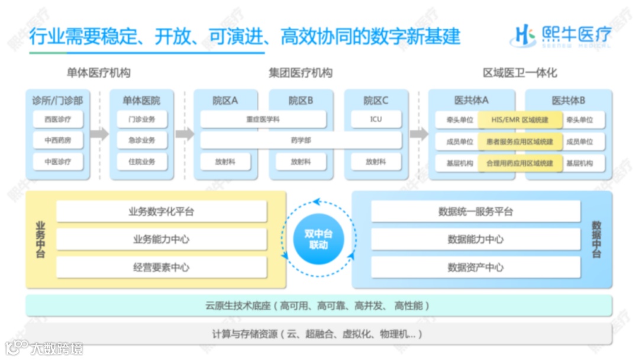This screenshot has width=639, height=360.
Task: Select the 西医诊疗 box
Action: point(57,119)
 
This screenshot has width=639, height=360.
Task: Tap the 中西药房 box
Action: point(57,140)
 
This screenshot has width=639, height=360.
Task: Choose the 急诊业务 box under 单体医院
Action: point(142,140)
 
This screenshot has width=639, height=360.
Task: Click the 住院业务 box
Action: point(142,162)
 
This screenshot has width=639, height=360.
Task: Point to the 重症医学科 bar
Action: point(263,119)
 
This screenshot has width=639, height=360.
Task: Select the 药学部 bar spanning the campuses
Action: point(301,140)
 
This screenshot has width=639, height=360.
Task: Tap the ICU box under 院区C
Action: point(376,119)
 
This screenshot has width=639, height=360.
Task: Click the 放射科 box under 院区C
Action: point(376,162)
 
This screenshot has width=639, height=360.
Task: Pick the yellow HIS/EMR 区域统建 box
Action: point(520,120)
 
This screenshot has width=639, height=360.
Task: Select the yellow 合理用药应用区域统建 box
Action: point(520,163)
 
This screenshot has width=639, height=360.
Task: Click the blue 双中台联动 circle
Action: point(318,239)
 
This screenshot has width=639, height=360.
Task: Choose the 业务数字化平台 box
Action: point(161,211)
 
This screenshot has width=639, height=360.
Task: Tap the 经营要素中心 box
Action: point(161,267)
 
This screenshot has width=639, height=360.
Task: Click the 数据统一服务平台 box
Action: point(475,211)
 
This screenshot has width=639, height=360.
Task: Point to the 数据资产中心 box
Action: point(475,267)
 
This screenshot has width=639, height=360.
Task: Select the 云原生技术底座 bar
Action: point(318,306)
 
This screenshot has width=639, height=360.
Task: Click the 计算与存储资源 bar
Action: point(318,334)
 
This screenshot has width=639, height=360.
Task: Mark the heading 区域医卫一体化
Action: point(519,73)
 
